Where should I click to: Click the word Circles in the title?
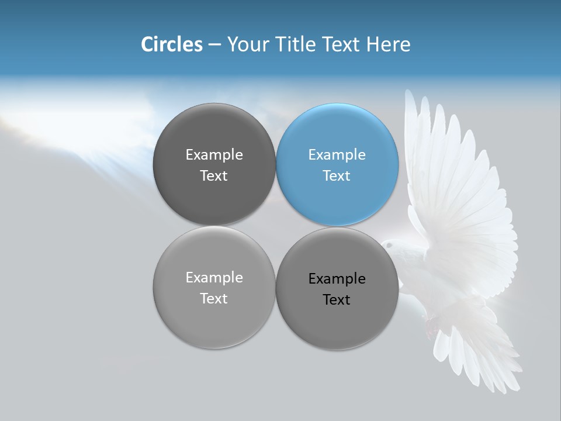172,44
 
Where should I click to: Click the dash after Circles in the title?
214,45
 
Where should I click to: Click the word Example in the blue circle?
337,155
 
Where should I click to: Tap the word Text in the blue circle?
337,176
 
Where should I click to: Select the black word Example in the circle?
337,279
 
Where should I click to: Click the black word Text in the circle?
337,300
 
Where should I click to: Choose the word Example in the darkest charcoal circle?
214,155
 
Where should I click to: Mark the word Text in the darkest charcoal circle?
214,176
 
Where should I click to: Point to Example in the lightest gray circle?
214,278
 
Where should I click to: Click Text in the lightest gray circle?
214,299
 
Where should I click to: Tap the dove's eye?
390,246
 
